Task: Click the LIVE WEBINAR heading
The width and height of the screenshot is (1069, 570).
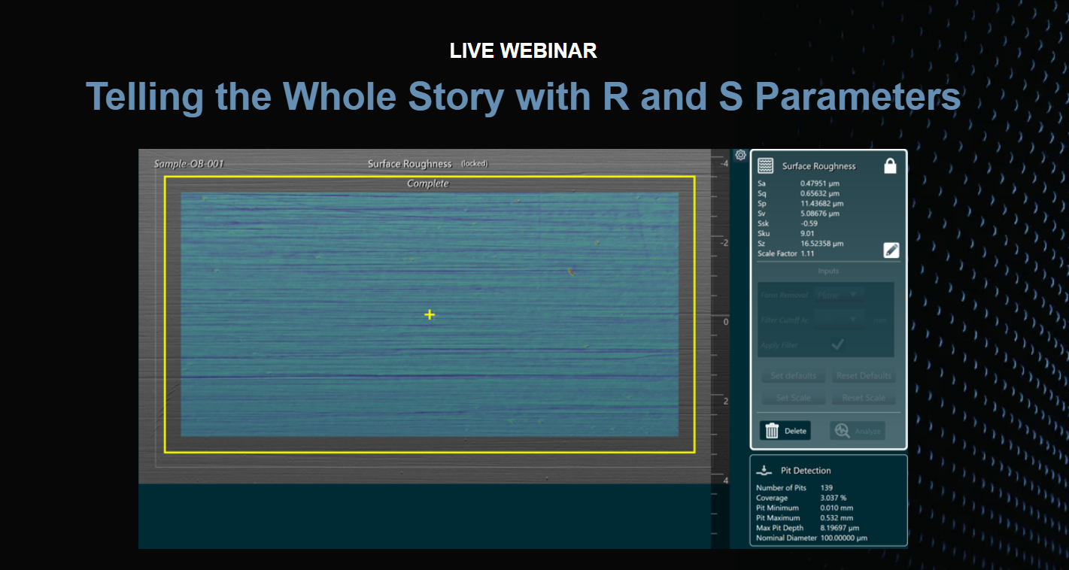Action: (523, 50)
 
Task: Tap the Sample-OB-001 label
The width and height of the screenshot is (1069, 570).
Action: (189, 164)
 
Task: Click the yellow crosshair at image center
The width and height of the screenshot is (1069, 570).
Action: (429, 314)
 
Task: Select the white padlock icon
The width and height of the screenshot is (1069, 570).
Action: (890, 166)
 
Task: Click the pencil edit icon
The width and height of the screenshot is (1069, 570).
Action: (891, 251)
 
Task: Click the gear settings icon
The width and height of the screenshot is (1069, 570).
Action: (740, 155)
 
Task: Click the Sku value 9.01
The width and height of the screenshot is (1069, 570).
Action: (807, 234)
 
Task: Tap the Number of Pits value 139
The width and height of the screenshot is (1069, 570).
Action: (826, 488)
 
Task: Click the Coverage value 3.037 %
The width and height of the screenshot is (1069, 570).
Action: (833, 498)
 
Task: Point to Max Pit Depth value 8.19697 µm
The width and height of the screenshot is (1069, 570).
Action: (840, 528)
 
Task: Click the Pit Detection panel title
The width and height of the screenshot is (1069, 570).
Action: (806, 471)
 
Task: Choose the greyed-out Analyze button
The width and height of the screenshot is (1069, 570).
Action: (857, 431)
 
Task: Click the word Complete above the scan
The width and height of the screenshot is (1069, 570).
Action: (427, 183)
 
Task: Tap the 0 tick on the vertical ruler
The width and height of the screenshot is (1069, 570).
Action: (725, 322)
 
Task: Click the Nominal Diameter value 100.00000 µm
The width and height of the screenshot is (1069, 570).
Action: (843, 538)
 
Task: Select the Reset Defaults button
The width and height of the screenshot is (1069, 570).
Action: (863, 376)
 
